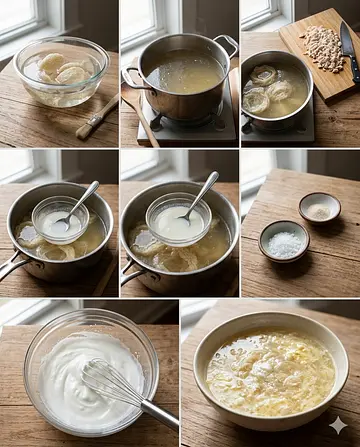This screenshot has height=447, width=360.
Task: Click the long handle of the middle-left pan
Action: [12, 266]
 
